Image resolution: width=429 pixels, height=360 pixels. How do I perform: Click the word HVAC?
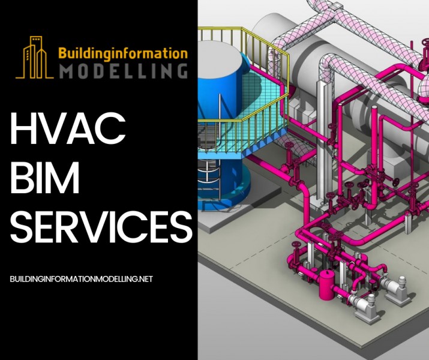68,128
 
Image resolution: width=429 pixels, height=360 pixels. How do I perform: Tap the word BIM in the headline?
44,177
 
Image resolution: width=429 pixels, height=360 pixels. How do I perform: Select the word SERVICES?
101,227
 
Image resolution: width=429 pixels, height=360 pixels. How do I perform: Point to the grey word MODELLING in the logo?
123,71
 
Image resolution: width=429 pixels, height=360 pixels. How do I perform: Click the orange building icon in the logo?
34,58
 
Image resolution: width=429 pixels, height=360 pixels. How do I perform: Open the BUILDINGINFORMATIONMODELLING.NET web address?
81,279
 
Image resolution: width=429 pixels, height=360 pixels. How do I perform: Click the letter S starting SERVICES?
22,227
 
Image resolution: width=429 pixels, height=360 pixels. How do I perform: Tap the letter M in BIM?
64,177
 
